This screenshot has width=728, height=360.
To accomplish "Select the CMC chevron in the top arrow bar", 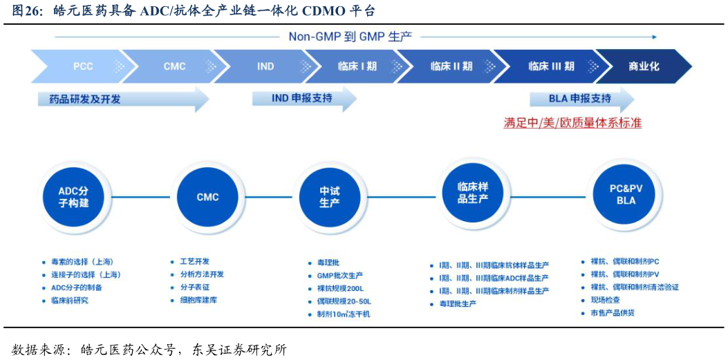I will pos(174,66).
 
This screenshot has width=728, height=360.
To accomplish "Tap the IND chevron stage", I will pos(265,66).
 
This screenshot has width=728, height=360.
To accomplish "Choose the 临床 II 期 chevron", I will pos(451,66).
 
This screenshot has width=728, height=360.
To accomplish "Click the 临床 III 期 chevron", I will pos(551,66).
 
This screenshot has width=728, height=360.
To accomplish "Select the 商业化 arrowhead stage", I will pos(644,66).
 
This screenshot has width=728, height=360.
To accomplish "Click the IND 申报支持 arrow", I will pos(302,98).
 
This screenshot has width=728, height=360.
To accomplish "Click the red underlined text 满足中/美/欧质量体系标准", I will pos(572,123).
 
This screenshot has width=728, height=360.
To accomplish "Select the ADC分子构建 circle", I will pos(73,197).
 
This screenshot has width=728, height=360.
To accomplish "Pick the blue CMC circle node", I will pos(207,197).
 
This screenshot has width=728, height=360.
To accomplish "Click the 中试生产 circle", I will pos(329,197).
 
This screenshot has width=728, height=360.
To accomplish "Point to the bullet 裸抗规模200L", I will pos(339,288).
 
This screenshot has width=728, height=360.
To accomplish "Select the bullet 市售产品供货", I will pos(612,313).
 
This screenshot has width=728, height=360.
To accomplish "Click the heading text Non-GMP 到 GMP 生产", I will pos(351,37).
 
